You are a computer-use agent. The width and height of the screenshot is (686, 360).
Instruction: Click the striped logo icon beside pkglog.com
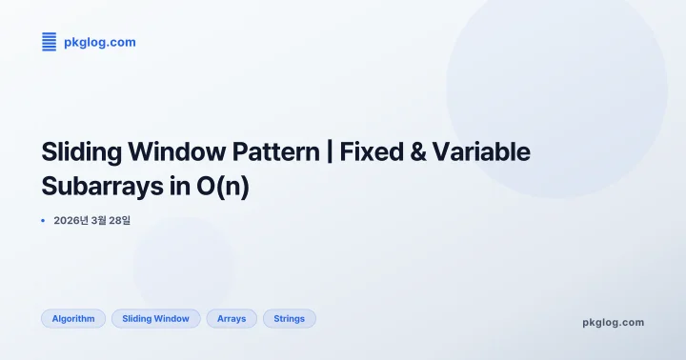tap(50, 42)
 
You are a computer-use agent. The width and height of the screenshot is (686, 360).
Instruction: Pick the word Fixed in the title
tap(374, 152)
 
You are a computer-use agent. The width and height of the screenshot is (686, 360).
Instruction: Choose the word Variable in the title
tap(485, 152)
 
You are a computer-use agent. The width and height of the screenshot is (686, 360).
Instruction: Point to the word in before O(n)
tap(180, 186)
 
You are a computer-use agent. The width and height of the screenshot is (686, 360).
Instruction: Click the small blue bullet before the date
tap(43, 220)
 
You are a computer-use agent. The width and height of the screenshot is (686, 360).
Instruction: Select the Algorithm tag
tap(73, 319)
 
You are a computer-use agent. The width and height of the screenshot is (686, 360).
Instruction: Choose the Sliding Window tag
tap(156, 319)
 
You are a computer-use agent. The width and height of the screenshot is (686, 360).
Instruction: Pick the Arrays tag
tap(232, 319)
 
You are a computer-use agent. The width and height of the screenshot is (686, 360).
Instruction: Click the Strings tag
tap(289, 319)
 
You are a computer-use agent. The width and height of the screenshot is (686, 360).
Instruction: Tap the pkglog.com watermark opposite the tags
tap(613, 322)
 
